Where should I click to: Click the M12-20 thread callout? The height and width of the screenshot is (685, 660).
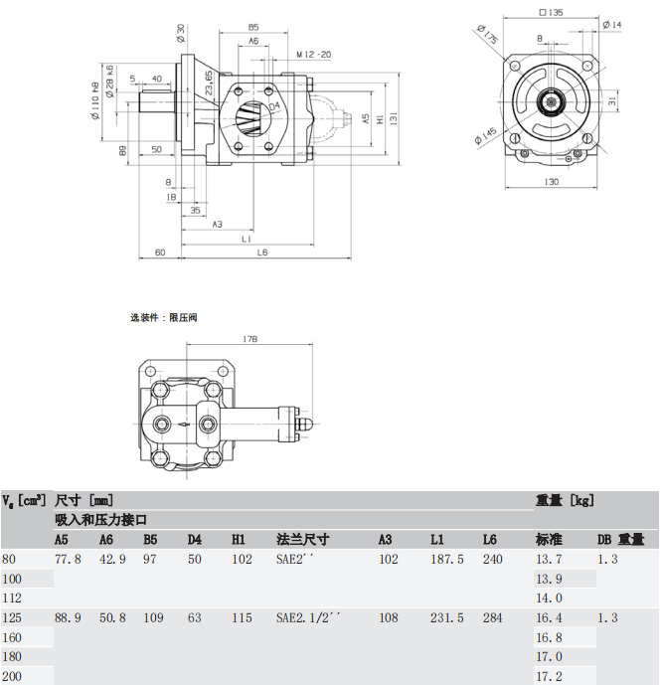click(314, 55)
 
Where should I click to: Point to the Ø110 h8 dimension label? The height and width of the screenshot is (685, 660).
click(95, 101)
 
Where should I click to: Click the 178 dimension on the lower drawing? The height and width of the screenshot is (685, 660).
click(249, 340)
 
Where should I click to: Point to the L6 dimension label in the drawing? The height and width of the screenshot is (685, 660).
click(262, 254)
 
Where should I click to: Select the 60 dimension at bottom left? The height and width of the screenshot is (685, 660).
click(160, 254)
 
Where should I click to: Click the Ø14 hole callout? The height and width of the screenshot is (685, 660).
click(612, 24)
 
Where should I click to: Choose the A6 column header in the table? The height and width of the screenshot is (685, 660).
click(106, 540)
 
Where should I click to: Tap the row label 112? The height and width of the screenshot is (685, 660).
click(12, 599)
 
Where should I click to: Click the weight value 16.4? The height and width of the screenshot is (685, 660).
click(549, 617)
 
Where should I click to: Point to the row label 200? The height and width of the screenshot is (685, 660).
click(12, 676)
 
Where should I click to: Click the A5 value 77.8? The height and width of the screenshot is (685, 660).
click(68, 560)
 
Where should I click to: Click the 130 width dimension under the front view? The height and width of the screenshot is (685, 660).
click(551, 182)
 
